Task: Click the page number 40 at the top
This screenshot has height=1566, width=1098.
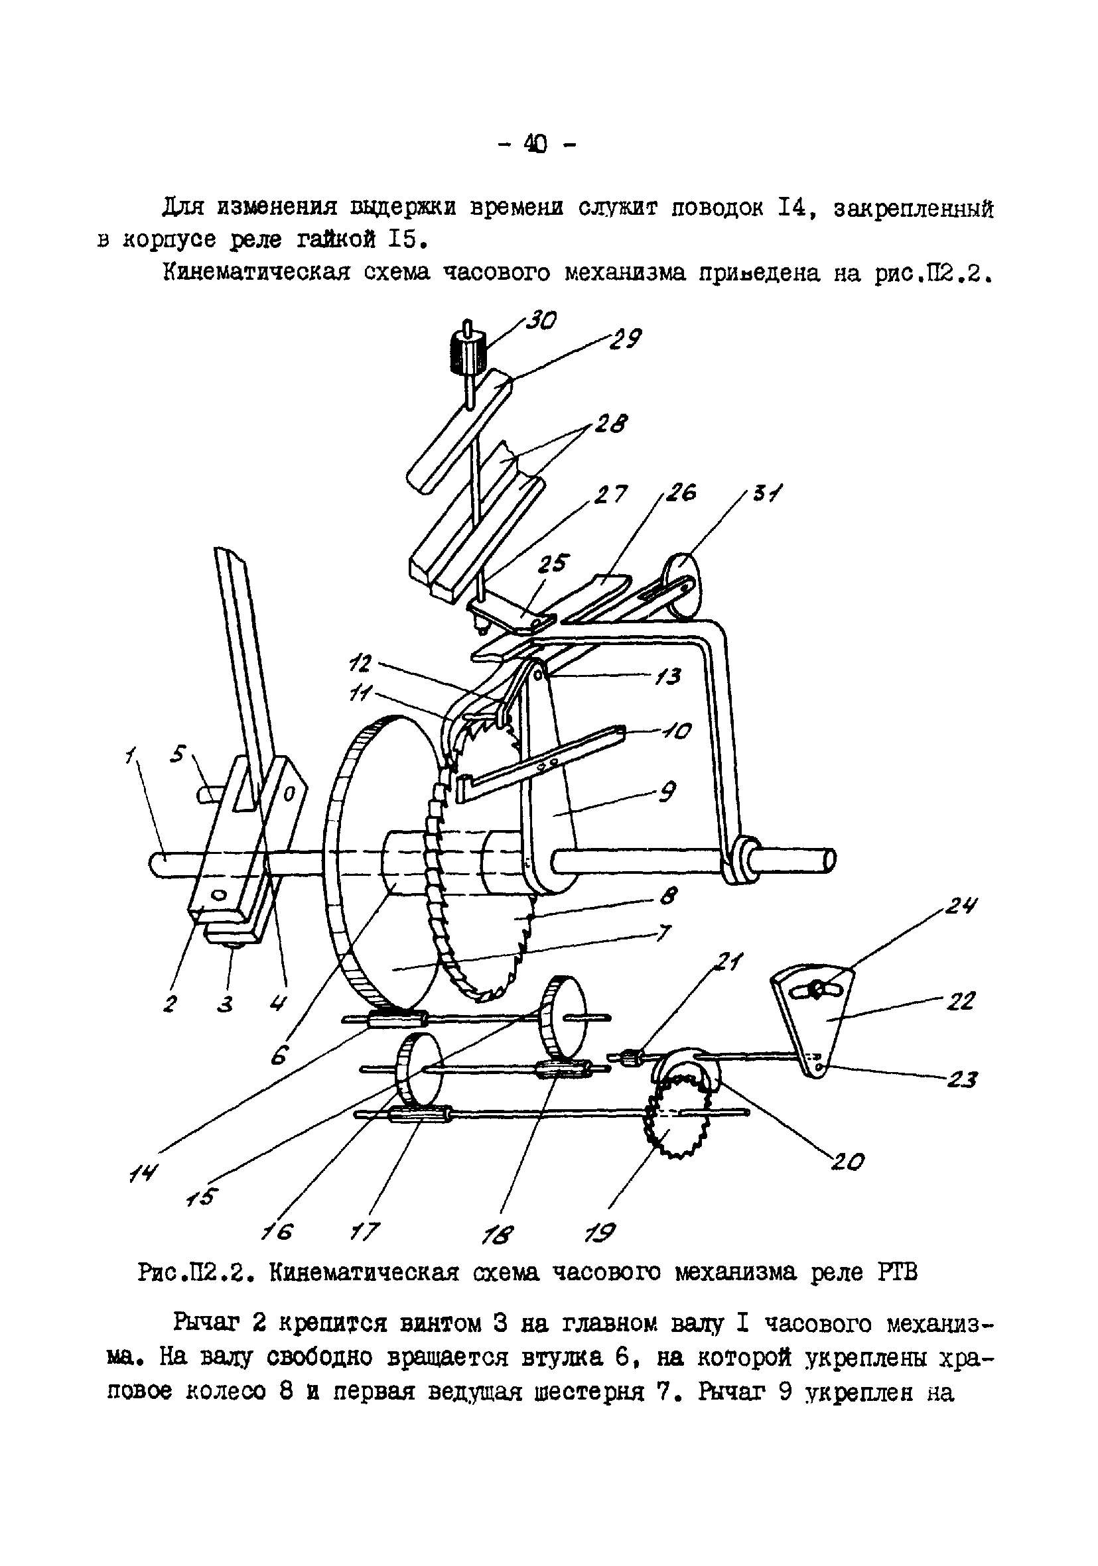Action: coord(535,144)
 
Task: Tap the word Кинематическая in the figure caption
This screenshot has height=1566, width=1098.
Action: coord(363,1273)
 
